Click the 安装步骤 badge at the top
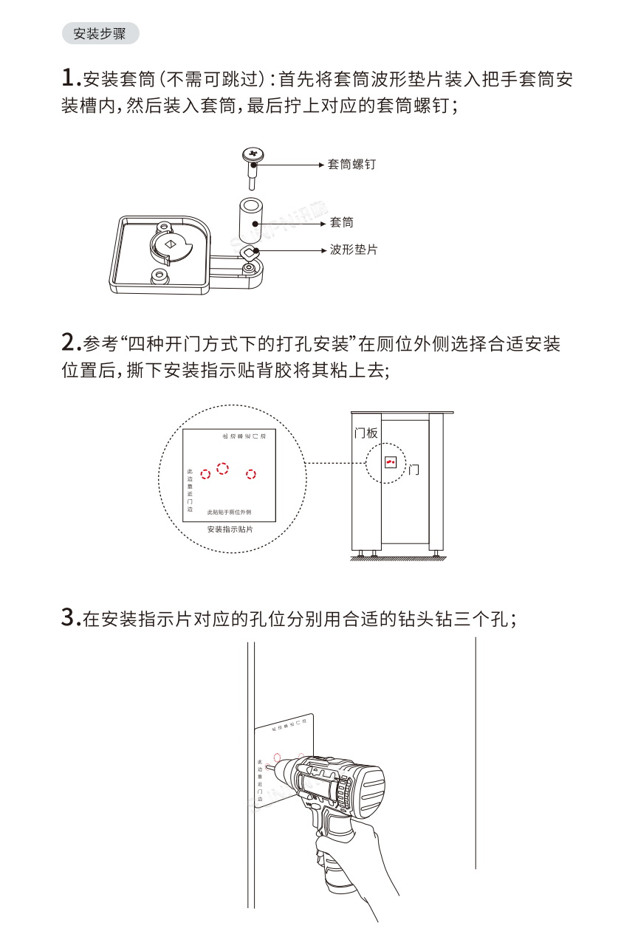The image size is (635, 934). pos(100,33)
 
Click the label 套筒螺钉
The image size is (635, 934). pos(351,164)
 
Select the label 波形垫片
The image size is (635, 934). pos(354,250)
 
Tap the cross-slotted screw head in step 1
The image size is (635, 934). pos(253,154)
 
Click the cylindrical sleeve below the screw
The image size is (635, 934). pos(250,211)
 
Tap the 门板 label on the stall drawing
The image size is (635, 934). pos(366,433)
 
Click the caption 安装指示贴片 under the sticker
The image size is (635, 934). pos(230,529)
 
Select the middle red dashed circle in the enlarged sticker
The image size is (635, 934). pos(222,468)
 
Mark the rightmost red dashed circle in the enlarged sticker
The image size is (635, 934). pos(251,474)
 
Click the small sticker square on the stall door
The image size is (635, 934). pos(390,462)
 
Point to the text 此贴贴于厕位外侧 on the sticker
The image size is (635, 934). pos(229,512)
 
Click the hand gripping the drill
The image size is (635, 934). pos(347,856)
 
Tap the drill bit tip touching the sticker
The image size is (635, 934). pos(268,768)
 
